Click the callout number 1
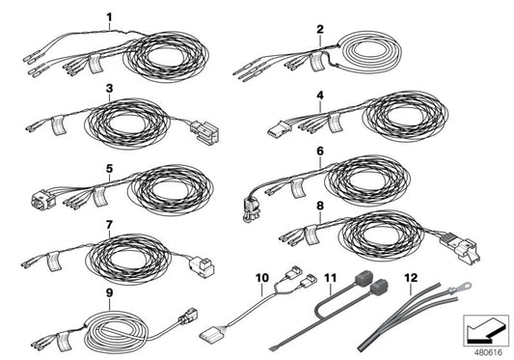tap(109, 16)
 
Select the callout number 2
tap(319, 29)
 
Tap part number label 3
tap(110, 88)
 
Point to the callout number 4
tap(320, 96)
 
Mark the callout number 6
tap(319, 152)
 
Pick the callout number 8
tap(320, 206)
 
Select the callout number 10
tap(261, 278)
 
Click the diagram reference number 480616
tap(487, 348)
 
